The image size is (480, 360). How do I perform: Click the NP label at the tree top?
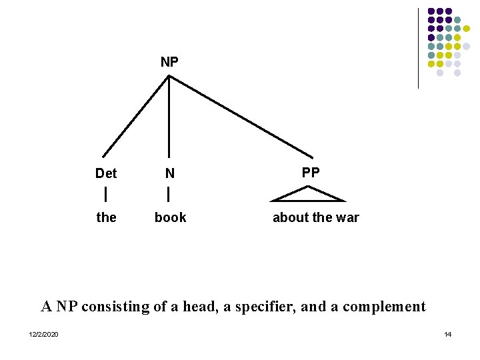[x=169, y=62]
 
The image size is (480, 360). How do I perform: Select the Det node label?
[x=106, y=173]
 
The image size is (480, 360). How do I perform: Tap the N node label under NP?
[x=170, y=173]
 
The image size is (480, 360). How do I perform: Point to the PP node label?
[x=311, y=172]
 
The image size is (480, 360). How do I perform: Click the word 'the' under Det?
[x=106, y=217]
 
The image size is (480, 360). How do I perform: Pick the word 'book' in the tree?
[x=170, y=217]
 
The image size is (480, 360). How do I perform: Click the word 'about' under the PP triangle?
[x=290, y=217]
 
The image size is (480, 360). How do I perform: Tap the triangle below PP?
[x=308, y=195]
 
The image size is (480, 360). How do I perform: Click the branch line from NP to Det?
[x=136, y=116]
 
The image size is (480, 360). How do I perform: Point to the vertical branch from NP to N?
[x=169, y=117]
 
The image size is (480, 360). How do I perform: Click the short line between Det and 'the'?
[x=106, y=195]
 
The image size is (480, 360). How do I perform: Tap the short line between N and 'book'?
[x=169, y=195]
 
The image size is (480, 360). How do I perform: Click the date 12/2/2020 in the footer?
[x=43, y=334]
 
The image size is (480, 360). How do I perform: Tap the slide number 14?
[x=448, y=334]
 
